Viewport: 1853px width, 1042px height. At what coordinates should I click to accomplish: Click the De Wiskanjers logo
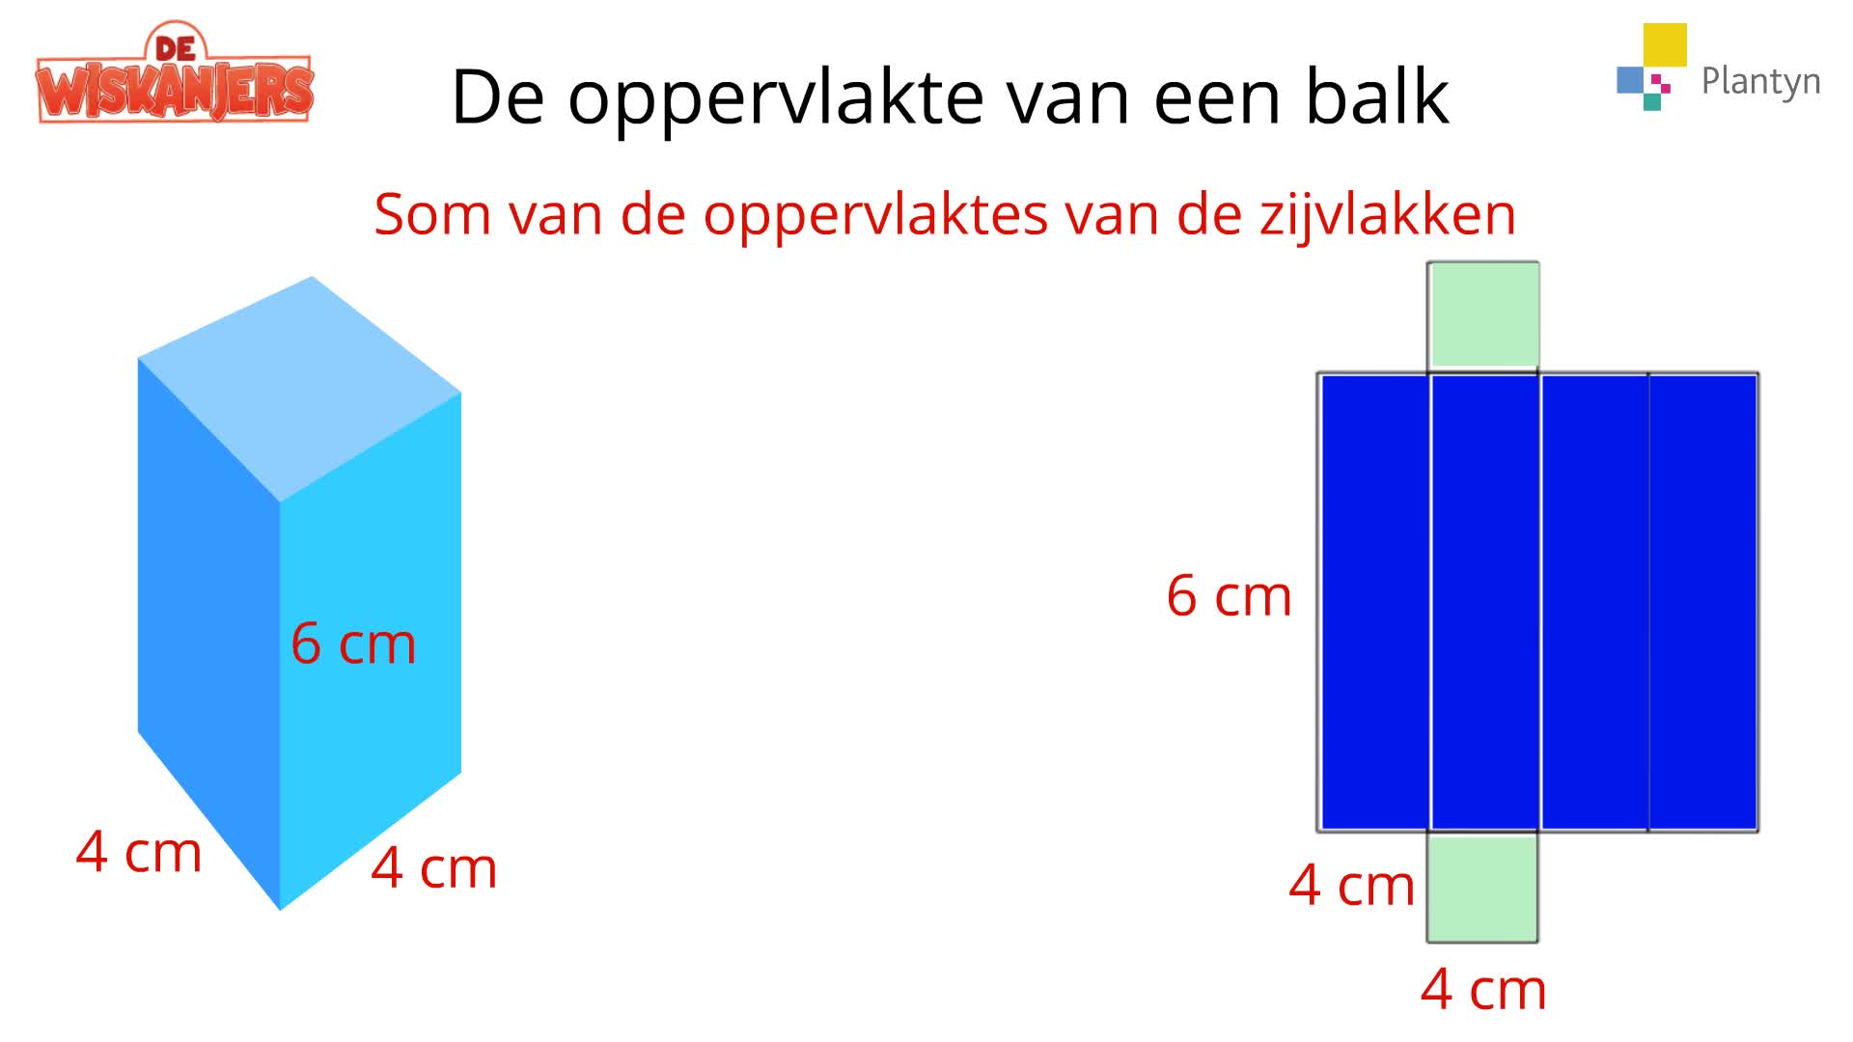coord(175,75)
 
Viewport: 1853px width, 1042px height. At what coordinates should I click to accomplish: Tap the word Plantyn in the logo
coord(1760,82)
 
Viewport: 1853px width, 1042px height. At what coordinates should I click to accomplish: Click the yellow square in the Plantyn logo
coord(1665,45)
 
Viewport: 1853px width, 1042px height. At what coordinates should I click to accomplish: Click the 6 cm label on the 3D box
coord(353,644)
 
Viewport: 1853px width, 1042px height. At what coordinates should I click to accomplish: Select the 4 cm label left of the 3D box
coord(139,852)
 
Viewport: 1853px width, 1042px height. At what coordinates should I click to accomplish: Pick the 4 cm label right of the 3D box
coord(434,867)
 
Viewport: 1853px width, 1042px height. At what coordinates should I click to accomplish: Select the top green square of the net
coord(1483,315)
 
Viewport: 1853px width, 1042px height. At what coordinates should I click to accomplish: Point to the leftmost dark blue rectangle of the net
coord(1374,602)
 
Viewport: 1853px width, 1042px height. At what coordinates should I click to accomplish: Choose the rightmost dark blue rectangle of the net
coord(1703,602)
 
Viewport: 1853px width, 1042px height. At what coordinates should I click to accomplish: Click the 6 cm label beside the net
coord(1229,595)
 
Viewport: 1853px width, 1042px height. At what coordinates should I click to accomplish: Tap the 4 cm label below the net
coord(1483,989)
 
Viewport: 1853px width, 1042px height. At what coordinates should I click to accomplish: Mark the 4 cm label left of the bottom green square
coord(1352,885)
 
